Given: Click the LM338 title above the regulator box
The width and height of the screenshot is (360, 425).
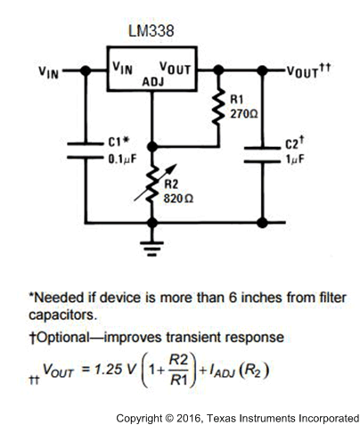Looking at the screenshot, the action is click(x=151, y=31).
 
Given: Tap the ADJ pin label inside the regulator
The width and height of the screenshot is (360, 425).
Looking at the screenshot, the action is click(x=153, y=82).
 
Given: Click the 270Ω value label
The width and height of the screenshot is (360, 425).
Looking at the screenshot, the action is click(x=244, y=114).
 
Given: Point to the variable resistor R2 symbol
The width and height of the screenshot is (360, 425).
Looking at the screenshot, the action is click(x=154, y=183).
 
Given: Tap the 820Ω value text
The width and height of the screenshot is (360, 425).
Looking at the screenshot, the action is click(x=178, y=199).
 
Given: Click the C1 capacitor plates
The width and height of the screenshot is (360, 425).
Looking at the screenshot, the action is click(x=86, y=151).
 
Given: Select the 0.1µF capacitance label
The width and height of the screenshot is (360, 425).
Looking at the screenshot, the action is click(x=122, y=159).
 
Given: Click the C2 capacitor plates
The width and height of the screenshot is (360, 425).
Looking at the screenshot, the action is click(x=262, y=154).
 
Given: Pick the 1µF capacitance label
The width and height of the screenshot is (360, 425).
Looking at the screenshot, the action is click(x=295, y=159).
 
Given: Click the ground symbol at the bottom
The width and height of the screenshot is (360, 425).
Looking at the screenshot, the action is click(x=151, y=249).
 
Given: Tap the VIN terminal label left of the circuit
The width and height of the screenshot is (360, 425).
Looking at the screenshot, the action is click(x=48, y=72).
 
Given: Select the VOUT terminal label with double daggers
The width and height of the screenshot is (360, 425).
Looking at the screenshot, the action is click(x=308, y=70).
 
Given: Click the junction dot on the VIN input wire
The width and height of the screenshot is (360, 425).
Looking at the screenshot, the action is click(x=86, y=70).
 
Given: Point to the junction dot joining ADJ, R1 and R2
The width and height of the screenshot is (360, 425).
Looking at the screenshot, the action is click(x=152, y=146).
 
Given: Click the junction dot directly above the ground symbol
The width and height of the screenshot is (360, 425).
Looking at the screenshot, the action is click(x=152, y=222).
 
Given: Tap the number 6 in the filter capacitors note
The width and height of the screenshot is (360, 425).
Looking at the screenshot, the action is click(x=233, y=298).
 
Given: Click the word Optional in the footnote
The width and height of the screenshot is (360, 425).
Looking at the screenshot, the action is click(x=62, y=338).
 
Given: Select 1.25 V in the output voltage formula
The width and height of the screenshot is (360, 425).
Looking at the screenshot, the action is click(x=114, y=369).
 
